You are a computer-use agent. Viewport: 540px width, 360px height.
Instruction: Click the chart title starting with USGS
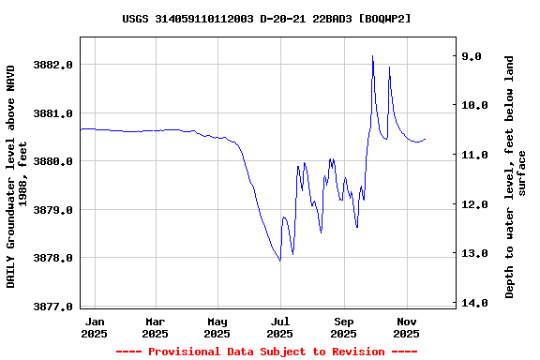pyautogui.click(x=266, y=19)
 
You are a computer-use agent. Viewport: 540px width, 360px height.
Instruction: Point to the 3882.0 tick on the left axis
pyautogui.click(x=54, y=65)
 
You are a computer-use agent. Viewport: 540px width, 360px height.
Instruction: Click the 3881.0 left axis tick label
pyautogui.click(x=54, y=113)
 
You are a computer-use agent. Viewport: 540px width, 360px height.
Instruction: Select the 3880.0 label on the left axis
pyautogui.click(x=54, y=161)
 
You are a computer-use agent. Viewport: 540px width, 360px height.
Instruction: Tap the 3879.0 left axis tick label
pyautogui.click(x=54, y=210)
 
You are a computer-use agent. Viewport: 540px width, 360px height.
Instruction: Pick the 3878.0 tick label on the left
pyautogui.click(x=54, y=258)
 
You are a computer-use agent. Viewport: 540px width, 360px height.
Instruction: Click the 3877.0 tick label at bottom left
pyautogui.click(x=54, y=307)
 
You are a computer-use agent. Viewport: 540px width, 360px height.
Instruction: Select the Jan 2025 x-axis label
pyautogui.click(x=94, y=327)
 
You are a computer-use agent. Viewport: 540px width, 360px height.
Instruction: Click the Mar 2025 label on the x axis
pyautogui.click(x=156, y=327)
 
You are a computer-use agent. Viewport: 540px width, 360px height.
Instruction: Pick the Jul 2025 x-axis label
pyautogui.click(x=280, y=327)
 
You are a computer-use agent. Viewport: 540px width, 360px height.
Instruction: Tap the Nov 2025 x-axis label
pyautogui.click(x=406, y=327)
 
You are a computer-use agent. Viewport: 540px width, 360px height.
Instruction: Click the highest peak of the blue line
pyautogui.click(x=372, y=56)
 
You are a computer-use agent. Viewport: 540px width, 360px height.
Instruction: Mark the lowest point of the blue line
pyautogui.click(x=279, y=261)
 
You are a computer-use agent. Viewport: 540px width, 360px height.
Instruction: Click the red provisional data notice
pyautogui.click(x=266, y=352)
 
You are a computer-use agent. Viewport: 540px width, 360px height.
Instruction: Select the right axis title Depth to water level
pyautogui.click(x=516, y=177)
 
